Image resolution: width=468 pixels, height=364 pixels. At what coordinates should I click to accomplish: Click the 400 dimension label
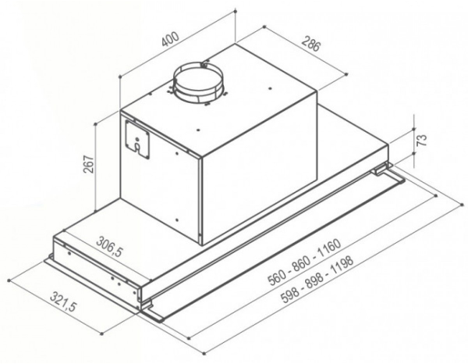171,38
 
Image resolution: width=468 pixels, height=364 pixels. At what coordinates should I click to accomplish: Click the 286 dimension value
311,43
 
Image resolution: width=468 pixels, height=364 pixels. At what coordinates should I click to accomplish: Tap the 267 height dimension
88,164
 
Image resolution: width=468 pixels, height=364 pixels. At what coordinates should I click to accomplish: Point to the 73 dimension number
421,141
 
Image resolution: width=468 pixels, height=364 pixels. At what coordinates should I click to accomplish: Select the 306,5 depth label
110,246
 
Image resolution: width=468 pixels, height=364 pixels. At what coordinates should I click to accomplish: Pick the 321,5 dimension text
63,302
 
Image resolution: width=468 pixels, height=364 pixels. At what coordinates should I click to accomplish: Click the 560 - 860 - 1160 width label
304,262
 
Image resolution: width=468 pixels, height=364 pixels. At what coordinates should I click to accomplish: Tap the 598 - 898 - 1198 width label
317,279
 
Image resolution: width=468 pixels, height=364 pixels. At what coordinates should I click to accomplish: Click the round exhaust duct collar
198,82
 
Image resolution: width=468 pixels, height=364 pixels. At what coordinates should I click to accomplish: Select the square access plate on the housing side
137,139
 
